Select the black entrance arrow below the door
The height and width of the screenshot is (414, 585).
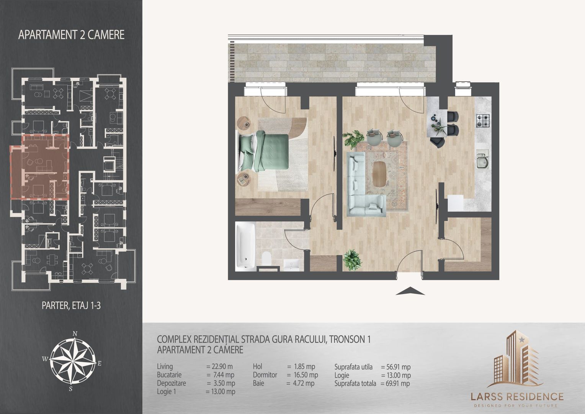(410, 291)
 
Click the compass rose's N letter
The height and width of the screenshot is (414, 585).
(75, 333)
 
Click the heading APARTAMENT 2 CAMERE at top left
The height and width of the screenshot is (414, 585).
(72, 35)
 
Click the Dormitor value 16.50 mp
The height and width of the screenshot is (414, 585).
(302, 375)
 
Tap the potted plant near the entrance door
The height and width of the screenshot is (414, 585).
(352, 260)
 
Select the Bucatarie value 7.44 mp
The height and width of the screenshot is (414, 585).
(220, 375)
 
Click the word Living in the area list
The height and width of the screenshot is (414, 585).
(165, 367)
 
